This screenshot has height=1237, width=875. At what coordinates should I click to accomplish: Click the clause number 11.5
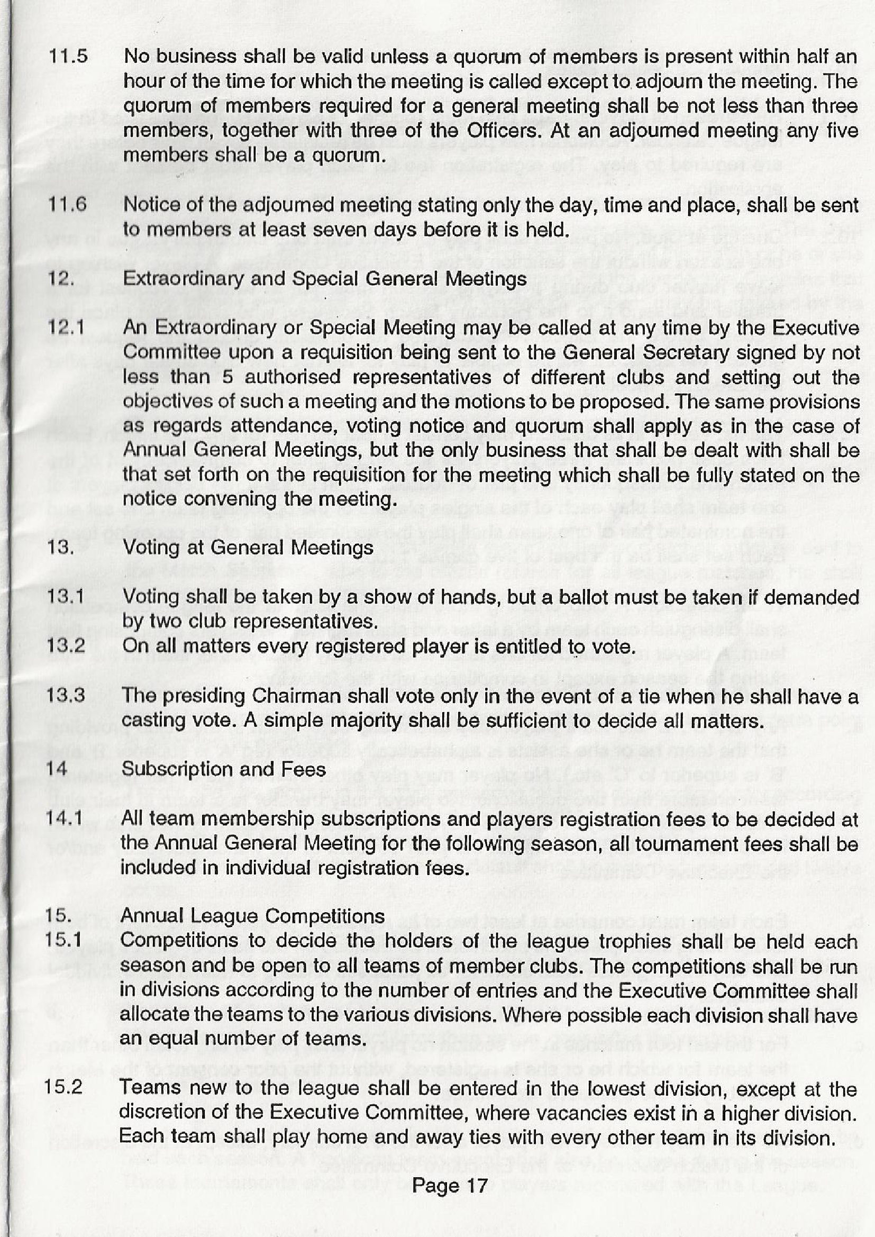tap(68, 57)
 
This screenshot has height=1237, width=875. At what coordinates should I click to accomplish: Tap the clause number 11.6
tap(67, 205)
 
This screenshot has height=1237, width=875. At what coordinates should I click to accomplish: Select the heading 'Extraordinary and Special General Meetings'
tap(325, 279)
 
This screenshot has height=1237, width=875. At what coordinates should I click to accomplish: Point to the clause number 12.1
tap(66, 328)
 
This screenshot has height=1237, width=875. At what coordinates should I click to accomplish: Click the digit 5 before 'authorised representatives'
tap(227, 377)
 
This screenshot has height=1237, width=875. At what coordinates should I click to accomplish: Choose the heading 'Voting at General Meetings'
tap(248, 548)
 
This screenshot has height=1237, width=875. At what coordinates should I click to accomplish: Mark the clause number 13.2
tap(66, 645)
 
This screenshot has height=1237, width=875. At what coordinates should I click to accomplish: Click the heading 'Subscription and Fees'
tap(224, 769)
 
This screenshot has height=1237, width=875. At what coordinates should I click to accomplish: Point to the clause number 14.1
tap(64, 818)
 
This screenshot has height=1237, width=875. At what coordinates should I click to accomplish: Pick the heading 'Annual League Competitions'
tap(253, 916)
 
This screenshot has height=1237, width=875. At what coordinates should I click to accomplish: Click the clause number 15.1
tap(63, 940)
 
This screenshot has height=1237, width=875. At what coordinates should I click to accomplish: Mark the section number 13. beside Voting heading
tap(60, 548)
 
